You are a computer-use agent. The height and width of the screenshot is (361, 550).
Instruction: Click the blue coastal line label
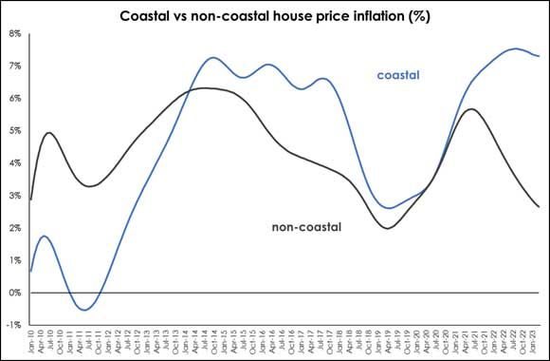(x=398, y=75)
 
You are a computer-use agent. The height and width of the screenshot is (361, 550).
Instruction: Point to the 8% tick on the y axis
(x=15, y=34)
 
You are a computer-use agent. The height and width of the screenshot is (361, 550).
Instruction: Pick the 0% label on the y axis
(x=15, y=293)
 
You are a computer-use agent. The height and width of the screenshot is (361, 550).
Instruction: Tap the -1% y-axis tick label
(x=14, y=325)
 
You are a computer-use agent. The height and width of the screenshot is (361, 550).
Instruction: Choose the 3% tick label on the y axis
(x=15, y=196)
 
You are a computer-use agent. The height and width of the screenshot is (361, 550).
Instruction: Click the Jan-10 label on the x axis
(x=30, y=343)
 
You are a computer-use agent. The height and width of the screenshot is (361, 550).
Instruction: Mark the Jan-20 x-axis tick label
(x=423, y=343)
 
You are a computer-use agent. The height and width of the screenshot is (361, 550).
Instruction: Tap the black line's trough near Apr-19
(x=386, y=228)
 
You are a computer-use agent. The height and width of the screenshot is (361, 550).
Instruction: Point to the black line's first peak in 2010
(x=48, y=133)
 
